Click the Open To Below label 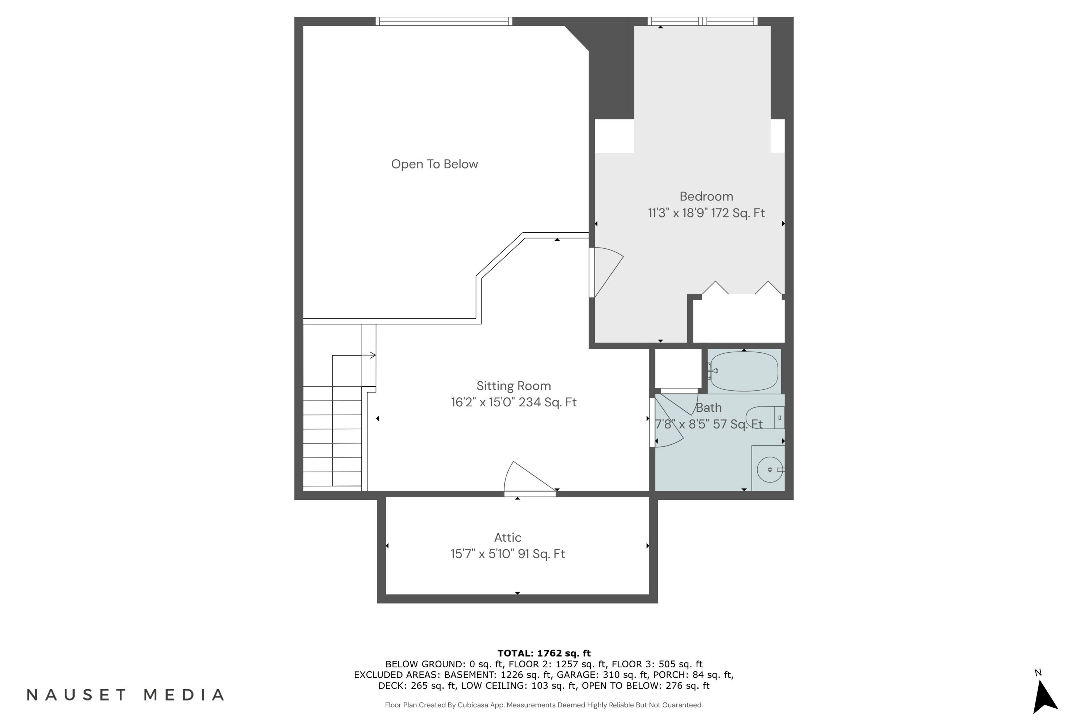434,164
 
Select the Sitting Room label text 514,386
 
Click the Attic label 507,537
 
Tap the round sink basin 770,470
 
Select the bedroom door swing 606,273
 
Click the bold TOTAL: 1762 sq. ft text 544,653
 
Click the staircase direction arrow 372,355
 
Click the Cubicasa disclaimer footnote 544,705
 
